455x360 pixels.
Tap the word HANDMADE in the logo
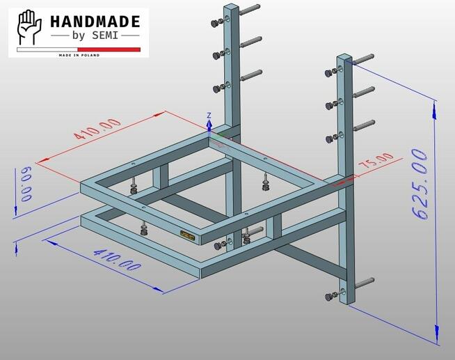click(95, 22)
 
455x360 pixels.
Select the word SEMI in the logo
click(105, 36)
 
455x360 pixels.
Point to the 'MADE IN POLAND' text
click(79, 55)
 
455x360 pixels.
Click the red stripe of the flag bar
click(109, 49)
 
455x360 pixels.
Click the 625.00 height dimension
click(420, 184)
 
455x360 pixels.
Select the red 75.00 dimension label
click(376, 160)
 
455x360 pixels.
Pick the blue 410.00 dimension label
click(118, 260)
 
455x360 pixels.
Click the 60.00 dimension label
click(26, 184)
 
